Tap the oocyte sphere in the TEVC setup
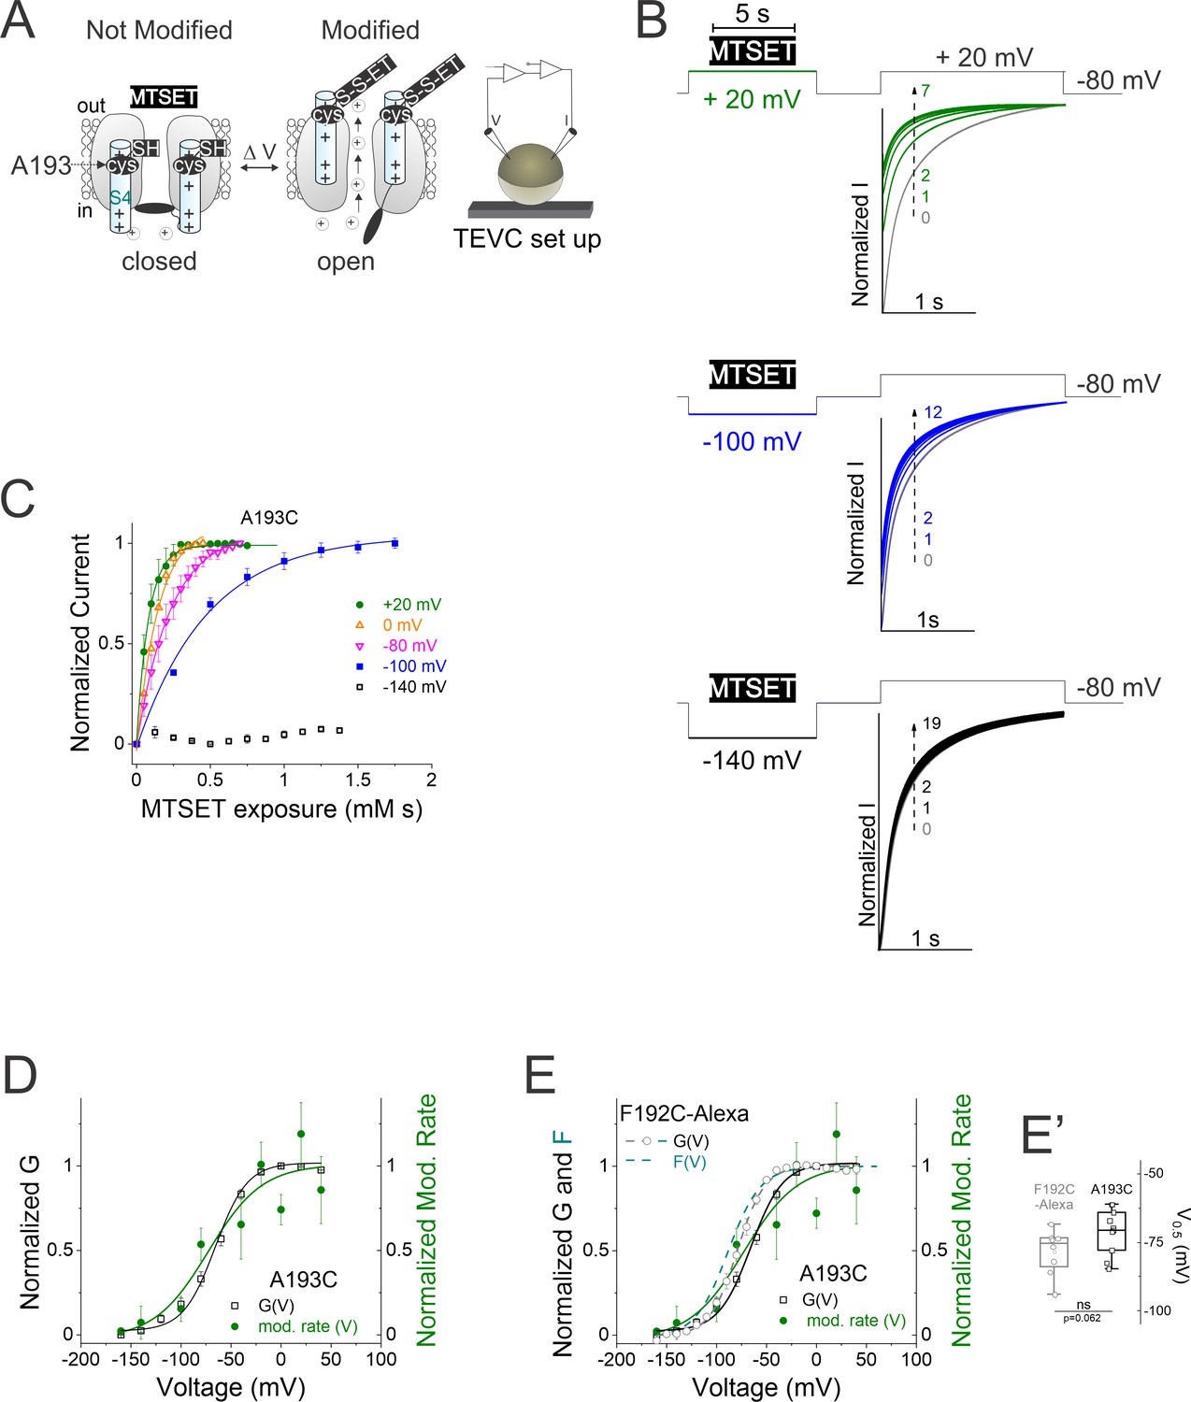click(x=529, y=174)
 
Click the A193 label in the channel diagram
click(x=41, y=165)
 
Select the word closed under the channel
click(x=159, y=261)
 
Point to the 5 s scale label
click(x=753, y=14)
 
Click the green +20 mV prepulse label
click(x=752, y=99)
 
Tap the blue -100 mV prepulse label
click(x=752, y=441)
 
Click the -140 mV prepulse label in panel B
click(x=752, y=760)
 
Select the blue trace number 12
click(x=932, y=412)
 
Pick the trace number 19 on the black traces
click(x=931, y=723)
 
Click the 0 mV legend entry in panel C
click(x=402, y=625)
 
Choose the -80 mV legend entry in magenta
click(x=409, y=646)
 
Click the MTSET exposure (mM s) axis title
click(x=281, y=808)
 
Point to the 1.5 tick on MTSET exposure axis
click(x=357, y=780)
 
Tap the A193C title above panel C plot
click(x=269, y=518)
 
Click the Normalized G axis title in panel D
click(x=30, y=1230)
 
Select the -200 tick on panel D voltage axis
click(x=80, y=1359)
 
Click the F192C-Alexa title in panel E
click(x=684, y=1113)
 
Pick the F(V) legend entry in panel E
click(x=690, y=1163)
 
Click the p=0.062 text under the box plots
click(x=1082, y=1318)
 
